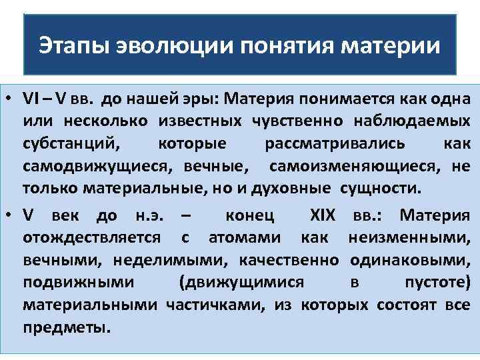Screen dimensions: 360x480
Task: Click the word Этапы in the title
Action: click(73, 46)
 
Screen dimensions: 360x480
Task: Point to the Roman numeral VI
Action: click(31, 100)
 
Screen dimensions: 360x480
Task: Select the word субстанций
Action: click(71, 144)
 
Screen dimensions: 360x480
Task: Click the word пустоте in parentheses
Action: click(437, 283)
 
